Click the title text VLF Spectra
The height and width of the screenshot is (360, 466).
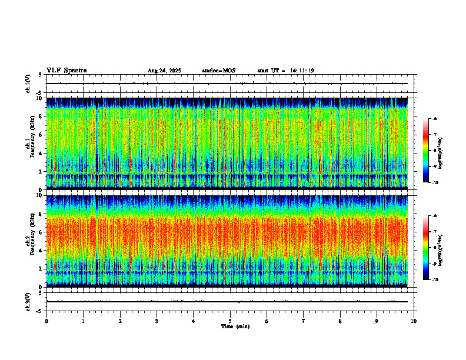pos(66,71)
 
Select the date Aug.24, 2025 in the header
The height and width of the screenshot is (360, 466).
pos(164,71)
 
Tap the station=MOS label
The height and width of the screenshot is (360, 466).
pos(218,71)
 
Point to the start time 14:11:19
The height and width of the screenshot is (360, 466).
pos(302,71)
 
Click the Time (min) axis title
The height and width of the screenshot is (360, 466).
pos(235,326)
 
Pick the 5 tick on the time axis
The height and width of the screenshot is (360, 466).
pos(231,321)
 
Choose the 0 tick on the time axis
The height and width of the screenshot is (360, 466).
pos(46,321)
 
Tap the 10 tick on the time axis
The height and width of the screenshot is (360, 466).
pos(414,321)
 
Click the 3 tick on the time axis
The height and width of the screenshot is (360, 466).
pos(157,321)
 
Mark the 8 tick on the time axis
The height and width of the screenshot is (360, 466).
pos(341,321)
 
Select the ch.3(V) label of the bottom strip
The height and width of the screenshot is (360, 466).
pos(28,301)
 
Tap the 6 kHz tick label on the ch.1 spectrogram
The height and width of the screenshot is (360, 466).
pos(40,135)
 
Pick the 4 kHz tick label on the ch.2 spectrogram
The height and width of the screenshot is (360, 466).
pos(40,250)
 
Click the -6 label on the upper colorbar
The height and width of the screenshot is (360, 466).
pos(435,119)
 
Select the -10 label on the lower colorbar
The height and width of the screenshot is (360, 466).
pos(435,279)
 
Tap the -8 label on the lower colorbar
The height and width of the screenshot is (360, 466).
pos(435,248)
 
